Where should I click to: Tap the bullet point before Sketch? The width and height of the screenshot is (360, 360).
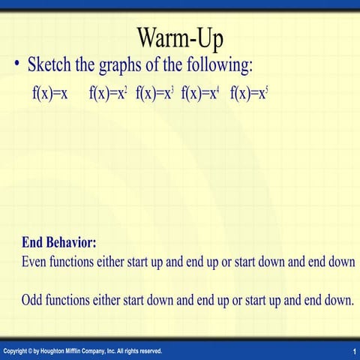click(x=17, y=65)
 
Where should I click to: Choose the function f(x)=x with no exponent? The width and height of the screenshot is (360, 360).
click(x=51, y=94)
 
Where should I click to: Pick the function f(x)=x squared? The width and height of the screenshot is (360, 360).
click(x=108, y=94)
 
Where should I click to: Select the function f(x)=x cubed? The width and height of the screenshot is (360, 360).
click(x=155, y=94)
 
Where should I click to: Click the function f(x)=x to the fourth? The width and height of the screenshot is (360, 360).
click(x=200, y=94)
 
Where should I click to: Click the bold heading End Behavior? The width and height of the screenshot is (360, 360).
click(x=59, y=243)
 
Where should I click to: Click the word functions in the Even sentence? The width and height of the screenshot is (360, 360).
click(x=76, y=262)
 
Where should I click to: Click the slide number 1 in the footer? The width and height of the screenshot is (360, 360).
click(x=352, y=352)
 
